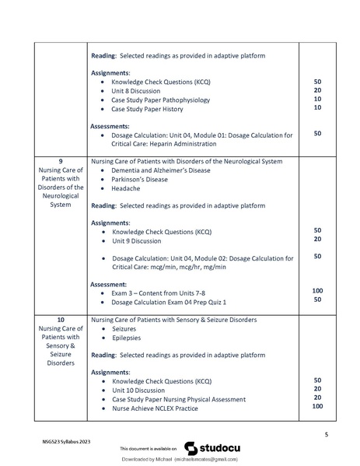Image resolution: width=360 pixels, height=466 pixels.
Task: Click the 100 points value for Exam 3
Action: point(317,291)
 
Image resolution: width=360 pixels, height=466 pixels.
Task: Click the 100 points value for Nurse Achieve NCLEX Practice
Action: point(317,407)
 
